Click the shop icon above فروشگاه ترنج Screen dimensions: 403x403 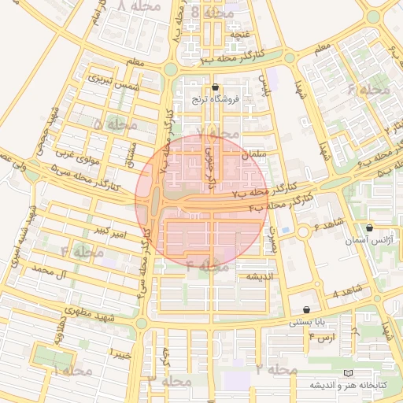(x=216, y=87)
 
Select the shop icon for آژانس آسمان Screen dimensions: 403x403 (x=368, y=228)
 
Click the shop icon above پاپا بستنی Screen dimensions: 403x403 (x=306, y=309)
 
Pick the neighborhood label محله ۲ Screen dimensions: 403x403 (x=276, y=369)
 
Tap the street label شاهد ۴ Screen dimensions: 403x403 (x=346, y=293)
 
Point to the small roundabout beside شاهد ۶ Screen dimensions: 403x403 (x=303, y=232)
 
